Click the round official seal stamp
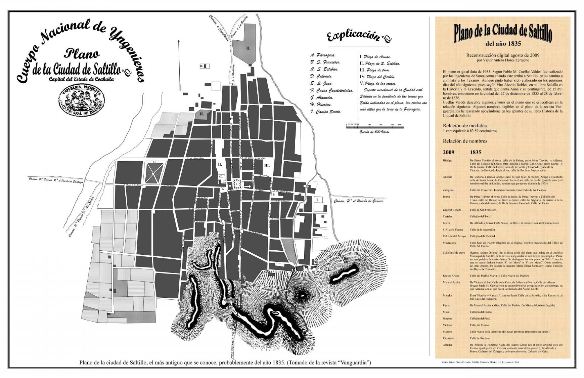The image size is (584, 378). pyautogui.click(x=81, y=100)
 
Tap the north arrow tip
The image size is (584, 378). pyautogui.click(x=179, y=41)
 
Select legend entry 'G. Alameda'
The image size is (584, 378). pyautogui.click(x=321, y=97)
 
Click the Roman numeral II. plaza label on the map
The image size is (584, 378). pyautogui.click(x=220, y=165)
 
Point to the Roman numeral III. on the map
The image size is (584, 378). pyautogui.click(x=267, y=165)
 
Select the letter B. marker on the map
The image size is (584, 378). pyautogui.click(x=274, y=194)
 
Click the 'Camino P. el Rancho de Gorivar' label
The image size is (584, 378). pyautogui.click(x=359, y=201)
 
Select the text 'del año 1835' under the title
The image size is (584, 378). pyautogui.click(x=502, y=44)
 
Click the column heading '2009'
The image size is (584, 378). pyautogui.click(x=449, y=152)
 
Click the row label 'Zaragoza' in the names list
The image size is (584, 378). pyautogui.click(x=448, y=190)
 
